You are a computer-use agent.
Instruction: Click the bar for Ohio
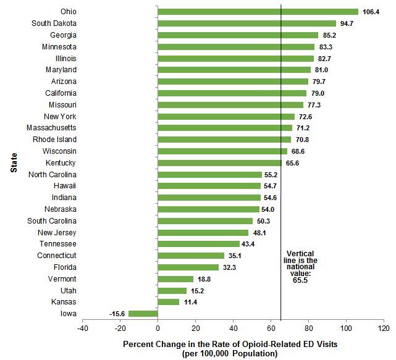pyautogui.click(x=258, y=12)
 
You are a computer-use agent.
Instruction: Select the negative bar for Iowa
pyautogui.click(x=143, y=314)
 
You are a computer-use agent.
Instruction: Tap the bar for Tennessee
pyautogui.click(x=198, y=244)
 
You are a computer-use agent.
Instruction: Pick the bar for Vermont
pyautogui.click(x=175, y=279)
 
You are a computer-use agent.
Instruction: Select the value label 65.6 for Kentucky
pyautogui.click(x=292, y=163)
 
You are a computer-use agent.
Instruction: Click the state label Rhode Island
pyautogui.click(x=54, y=140)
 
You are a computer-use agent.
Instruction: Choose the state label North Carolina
pyautogui.click(x=53, y=174)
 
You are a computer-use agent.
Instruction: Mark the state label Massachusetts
pyautogui.click(x=51, y=128)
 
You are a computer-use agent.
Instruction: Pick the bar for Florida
pyautogui.click(x=188, y=267)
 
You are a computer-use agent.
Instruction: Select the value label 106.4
pyautogui.click(x=373, y=12)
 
